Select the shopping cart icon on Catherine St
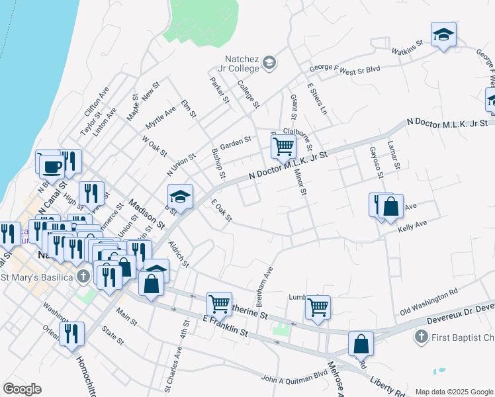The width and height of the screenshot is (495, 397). point(219,304)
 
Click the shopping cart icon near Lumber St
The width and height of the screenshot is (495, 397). point(318,307)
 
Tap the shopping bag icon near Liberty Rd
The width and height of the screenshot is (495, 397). point(361,343)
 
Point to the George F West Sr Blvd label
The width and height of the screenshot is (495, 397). point(345,69)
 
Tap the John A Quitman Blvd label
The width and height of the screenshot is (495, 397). point(294,378)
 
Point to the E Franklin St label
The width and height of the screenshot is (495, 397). point(224,326)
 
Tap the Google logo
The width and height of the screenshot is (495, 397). point(22,389)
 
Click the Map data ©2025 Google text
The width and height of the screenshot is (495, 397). point(453,392)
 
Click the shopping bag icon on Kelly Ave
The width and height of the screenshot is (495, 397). point(392,206)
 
